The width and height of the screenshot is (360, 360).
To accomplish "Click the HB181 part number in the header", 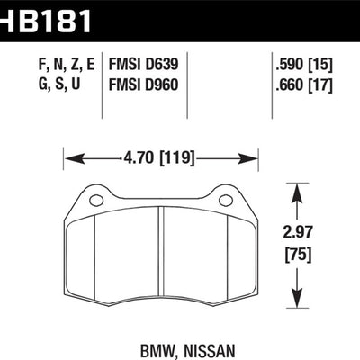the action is pos(45,21).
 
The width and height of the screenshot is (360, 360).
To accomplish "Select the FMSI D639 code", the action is pos(143,65).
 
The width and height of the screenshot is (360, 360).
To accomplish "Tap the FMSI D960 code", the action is pos(143,85).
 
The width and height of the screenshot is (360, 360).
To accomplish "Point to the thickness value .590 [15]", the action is pos(304,65).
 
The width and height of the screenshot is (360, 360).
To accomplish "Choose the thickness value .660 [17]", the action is pos(304,85).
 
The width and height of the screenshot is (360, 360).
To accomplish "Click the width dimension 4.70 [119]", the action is pos(158,158).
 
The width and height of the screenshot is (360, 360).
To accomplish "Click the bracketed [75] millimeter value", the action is pos(298,255).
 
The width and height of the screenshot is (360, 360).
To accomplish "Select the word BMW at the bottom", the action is pos(157,351).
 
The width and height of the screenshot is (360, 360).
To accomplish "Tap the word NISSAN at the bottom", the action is pos(208,351).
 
